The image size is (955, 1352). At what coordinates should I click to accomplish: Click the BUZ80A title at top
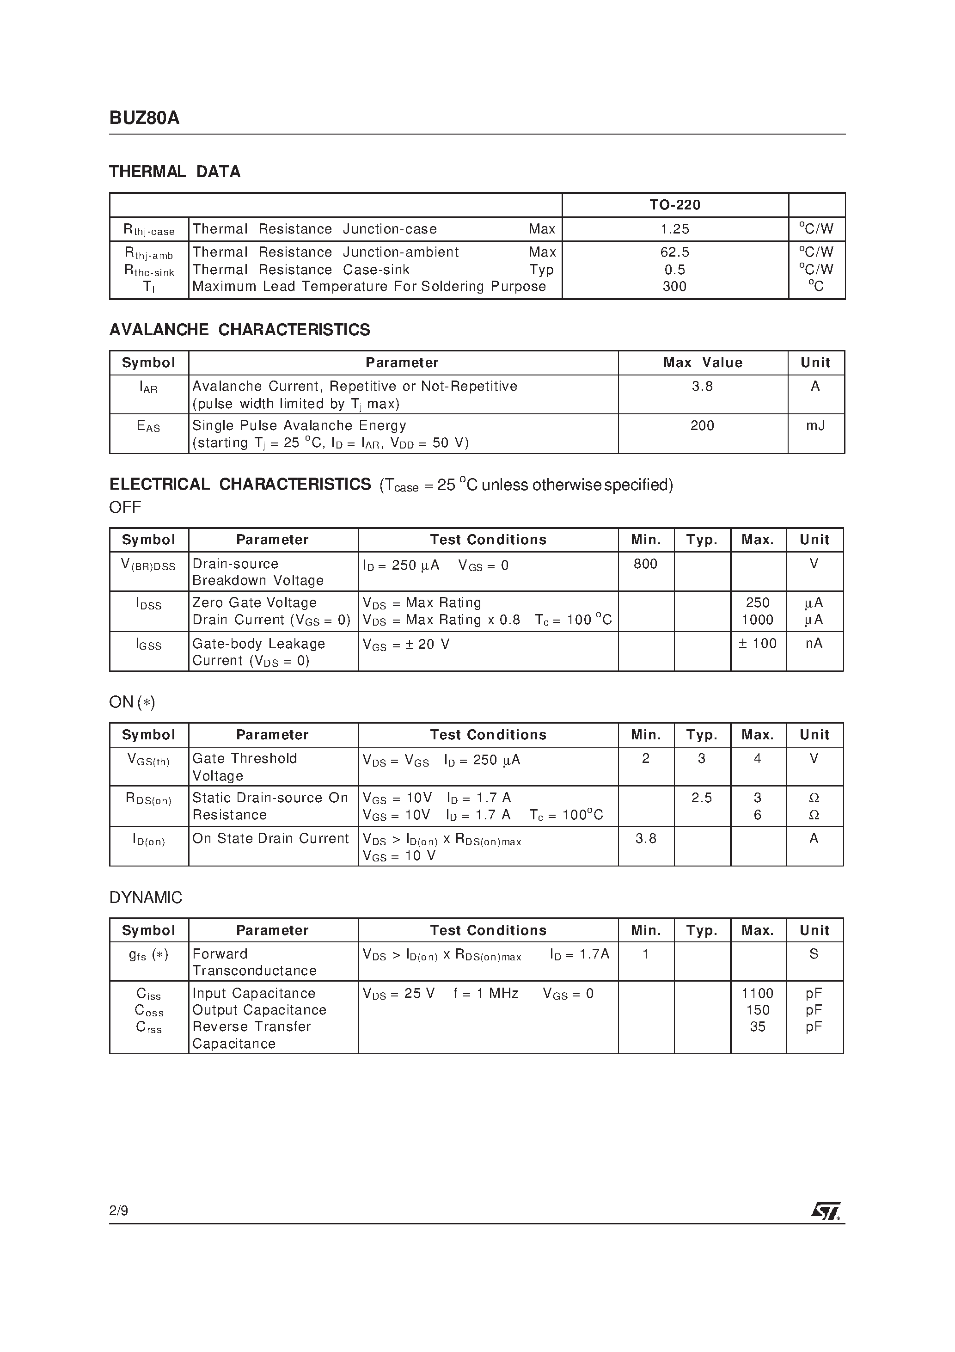144,118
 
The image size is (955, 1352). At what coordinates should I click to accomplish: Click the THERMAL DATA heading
175,172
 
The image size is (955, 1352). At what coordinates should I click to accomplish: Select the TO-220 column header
675,205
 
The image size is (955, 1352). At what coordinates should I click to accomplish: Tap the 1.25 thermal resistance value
675,229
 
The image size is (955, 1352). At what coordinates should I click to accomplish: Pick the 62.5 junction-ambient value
675,252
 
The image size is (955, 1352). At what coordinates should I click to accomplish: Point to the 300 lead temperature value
675,287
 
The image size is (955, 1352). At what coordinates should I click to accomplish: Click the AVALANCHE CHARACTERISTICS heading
239,330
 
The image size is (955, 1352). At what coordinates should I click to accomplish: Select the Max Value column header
703,363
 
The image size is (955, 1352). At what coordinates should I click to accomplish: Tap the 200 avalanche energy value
702,426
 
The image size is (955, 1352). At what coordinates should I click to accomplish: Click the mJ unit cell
815,426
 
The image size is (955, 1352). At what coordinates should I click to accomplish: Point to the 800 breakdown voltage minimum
645,564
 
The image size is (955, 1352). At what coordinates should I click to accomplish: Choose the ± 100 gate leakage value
758,644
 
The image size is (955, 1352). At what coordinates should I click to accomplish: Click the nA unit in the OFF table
814,644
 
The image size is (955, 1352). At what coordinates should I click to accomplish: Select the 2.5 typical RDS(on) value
701,798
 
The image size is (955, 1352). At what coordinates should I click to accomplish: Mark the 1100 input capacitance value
757,993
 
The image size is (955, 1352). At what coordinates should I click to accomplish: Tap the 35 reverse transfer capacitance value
757,1027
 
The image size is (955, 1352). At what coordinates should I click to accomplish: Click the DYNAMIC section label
146,897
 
